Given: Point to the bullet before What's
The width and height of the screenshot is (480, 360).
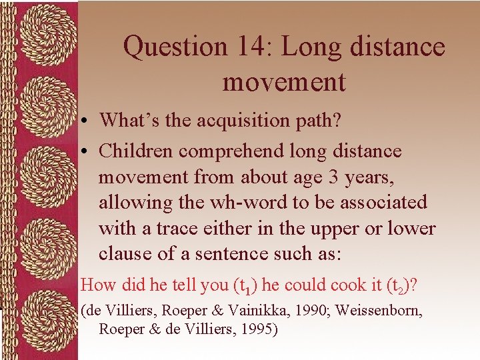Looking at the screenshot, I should [87, 121].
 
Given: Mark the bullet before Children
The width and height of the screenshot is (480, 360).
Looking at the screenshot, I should [87, 152].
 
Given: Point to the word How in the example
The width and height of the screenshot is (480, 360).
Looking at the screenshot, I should [97, 285].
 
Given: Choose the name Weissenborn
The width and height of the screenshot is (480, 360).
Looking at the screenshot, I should [375, 310].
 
